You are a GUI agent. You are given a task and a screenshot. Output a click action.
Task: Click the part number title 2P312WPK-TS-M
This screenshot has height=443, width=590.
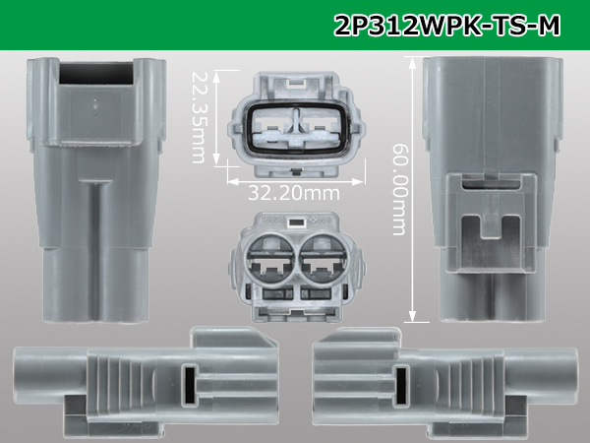click(x=447, y=26)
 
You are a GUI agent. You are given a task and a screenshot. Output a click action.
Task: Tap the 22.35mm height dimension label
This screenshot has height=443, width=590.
click(x=199, y=117)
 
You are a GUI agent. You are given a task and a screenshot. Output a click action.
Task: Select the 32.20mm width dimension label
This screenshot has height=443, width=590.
click(x=294, y=193)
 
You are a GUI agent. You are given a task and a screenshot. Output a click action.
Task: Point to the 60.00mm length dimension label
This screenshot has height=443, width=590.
click(x=399, y=189)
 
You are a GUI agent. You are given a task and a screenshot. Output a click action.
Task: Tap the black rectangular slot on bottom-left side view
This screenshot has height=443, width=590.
click(x=189, y=385)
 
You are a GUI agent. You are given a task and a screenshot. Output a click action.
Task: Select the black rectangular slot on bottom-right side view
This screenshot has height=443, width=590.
click(x=401, y=385)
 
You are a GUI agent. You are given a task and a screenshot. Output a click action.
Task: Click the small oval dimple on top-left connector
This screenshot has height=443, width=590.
click(x=95, y=106)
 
